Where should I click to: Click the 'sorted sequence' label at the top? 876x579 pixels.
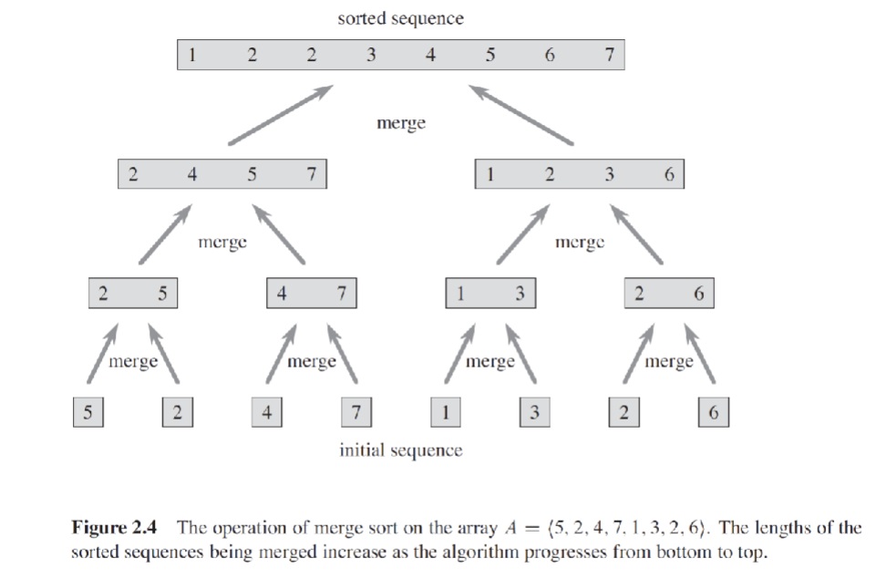point(400,18)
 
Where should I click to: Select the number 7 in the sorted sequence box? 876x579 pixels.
point(608,55)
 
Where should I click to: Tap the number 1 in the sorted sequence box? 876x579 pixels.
point(191,55)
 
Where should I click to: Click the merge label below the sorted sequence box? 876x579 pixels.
point(400,123)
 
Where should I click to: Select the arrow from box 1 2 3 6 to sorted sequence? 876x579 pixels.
point(522,115)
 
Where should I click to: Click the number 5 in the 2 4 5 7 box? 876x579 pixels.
point(251,174)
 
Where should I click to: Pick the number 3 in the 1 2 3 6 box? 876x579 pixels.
point(609,174)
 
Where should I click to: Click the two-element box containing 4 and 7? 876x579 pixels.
point(311,294)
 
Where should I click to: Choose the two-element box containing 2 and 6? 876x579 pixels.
point(668,294)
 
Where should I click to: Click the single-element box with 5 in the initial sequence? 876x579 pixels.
point(88,412)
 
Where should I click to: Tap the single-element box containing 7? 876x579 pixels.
point(356,412)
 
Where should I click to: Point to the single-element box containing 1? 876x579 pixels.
point(445,412)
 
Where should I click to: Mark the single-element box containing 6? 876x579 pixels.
point(713,412)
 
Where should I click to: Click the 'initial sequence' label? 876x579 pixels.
point(400,450)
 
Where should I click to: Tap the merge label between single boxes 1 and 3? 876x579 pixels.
point(490,362)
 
